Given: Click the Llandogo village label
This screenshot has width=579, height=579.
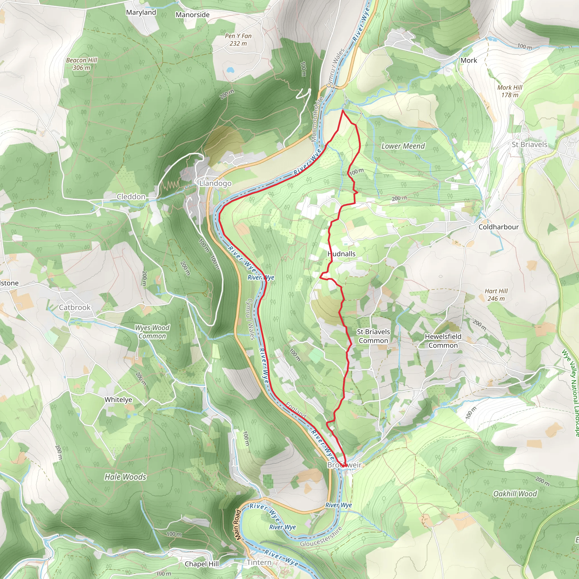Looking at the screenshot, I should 215,183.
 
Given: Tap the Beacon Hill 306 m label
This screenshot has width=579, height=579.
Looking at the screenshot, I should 81,64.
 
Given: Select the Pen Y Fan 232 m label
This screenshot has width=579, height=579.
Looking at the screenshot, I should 238,40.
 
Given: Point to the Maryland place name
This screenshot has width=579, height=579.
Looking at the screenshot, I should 141,12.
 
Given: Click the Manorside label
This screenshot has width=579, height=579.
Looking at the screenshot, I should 193,15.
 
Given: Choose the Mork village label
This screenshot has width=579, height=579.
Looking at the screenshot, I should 469,60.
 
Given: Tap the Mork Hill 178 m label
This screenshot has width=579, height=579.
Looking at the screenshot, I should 510,91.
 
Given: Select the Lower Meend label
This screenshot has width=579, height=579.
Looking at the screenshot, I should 403,146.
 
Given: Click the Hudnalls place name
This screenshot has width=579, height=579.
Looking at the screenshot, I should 341,254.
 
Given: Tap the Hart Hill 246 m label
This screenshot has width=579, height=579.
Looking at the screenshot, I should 496,295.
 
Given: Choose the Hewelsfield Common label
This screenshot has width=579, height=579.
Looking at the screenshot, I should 443,341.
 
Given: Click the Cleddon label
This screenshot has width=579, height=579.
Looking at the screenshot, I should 131,196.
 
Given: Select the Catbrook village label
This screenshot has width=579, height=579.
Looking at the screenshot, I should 75,307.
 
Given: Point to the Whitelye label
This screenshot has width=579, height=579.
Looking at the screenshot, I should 118,399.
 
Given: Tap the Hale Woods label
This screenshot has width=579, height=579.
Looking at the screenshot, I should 125,477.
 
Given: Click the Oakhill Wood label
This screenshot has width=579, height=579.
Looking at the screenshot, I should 515,494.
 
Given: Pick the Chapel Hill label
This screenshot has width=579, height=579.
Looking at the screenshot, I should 202,564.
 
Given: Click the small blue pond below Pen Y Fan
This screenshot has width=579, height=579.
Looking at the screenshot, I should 230,70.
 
